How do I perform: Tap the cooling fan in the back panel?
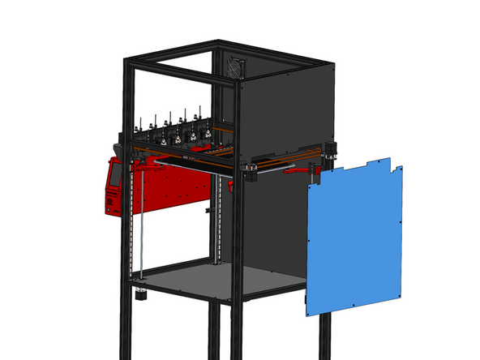[236, 67]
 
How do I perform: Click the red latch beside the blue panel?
[312, 173]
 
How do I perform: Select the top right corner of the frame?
[333, 63]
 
